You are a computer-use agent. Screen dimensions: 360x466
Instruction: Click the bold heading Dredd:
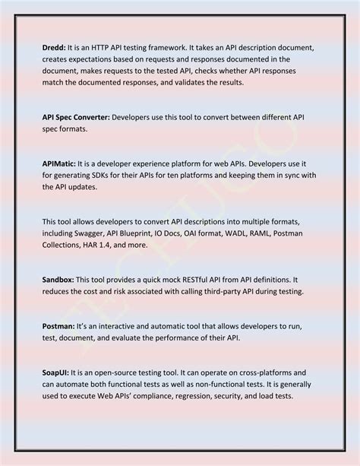pyautogui.click(x=55, y=47)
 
